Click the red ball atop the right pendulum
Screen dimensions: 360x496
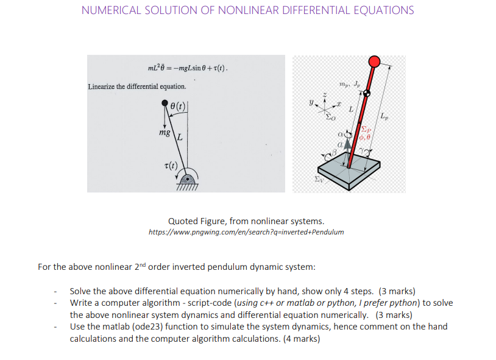[x=375, y=61]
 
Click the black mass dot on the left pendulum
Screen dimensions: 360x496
[x=165, y=104]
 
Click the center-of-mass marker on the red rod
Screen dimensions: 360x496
[x=367, y=93]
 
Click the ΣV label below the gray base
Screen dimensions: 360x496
[x=318, y=179]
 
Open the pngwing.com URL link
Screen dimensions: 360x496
[x=246, y=232]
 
